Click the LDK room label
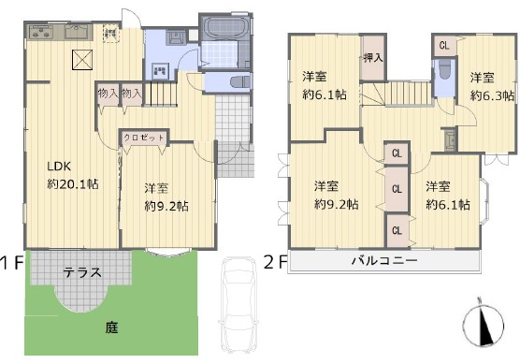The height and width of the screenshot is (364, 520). point(59,166)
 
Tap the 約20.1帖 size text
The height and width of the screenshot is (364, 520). point(73,183)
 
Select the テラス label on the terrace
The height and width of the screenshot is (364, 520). point(82,272)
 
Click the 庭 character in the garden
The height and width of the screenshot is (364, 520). point(111,328)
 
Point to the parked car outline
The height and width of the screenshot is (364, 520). point(238,305)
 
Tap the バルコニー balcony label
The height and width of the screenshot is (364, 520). point(384,260)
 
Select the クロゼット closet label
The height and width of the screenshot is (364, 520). point(144,138)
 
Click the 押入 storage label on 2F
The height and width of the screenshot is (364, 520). point(373,58)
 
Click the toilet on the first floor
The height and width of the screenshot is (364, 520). point(239,82)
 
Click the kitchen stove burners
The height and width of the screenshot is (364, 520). point(41,32)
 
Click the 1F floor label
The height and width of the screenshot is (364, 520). point(12,264)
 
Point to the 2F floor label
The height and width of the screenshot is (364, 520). point(275,262)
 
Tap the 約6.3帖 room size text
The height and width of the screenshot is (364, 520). point(493,95)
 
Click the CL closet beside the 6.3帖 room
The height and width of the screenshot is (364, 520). point(444,46)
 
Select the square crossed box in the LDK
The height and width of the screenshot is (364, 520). point(82,60)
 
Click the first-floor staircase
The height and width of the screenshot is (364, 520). point(160,94)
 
